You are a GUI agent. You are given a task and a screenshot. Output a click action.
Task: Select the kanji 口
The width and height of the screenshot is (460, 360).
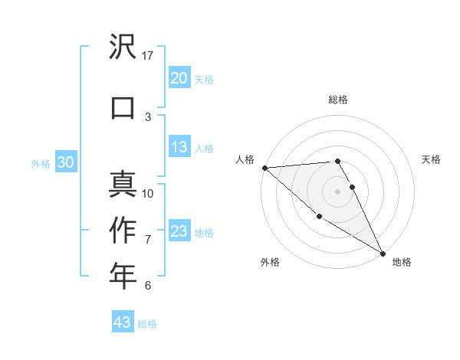(123, 107)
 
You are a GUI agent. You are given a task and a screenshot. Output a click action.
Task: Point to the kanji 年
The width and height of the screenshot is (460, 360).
(123, 276)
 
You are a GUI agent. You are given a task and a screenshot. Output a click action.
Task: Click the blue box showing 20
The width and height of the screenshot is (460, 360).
(179, 78)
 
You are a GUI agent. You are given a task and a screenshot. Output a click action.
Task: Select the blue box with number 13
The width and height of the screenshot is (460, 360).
(179, 148)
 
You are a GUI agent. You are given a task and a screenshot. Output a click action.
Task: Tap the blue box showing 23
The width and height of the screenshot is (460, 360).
(179, 231)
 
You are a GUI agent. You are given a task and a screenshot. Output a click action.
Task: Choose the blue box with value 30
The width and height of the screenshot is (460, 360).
(66, 162)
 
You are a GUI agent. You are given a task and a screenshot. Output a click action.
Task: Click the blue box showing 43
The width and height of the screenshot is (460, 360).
(123, 322)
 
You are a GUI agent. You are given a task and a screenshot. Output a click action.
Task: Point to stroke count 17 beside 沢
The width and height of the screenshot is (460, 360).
(148, 55)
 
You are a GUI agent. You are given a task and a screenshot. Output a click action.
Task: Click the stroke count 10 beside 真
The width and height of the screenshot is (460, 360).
(148, 193)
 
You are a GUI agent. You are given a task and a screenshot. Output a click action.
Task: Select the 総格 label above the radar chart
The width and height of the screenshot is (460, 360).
(338, 100)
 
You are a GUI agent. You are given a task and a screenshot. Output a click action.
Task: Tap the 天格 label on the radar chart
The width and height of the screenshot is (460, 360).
(432, 159)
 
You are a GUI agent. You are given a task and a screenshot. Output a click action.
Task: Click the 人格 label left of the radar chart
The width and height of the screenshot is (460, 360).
(245, 159)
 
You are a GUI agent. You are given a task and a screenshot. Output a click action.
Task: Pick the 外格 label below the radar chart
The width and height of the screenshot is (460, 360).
(270, 262)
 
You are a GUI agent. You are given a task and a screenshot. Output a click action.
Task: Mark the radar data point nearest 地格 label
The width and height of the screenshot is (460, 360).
(383, 253)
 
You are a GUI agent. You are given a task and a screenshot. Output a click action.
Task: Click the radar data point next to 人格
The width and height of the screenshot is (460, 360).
(264, 168)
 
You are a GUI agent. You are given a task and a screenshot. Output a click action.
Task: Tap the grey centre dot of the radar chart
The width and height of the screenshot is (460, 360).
(338, 191)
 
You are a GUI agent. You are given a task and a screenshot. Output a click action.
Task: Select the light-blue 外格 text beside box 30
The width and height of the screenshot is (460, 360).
(41, 163)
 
